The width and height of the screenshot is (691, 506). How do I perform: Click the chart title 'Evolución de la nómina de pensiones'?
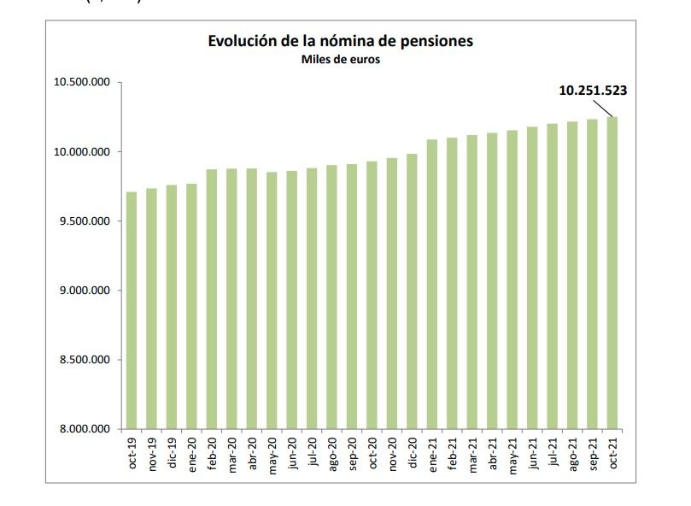[x=340, y=41]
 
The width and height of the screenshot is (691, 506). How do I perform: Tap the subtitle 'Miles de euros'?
[x=340, y=60]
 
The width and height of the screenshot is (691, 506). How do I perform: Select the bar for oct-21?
[x=612, y=273]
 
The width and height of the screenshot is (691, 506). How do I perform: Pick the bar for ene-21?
[x=432, y=284]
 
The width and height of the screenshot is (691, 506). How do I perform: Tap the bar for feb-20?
[x=212, y=298]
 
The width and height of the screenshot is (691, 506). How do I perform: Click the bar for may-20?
[x=272, y=300]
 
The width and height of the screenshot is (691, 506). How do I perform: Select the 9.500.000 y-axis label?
[x=85, y=221]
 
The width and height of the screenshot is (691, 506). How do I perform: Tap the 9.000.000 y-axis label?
[x=85, y=291]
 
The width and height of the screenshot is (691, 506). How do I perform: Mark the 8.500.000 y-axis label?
[x=85, y=360]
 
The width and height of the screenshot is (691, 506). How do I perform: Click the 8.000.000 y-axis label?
[x=85, y=429]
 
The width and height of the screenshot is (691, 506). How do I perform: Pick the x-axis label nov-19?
[x=152, y=452]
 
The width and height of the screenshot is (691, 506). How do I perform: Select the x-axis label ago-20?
[x=332, y=452]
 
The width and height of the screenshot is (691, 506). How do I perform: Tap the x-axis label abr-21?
[x=493, y=452]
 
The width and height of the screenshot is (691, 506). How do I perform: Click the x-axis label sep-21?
[x=593, y=452]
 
